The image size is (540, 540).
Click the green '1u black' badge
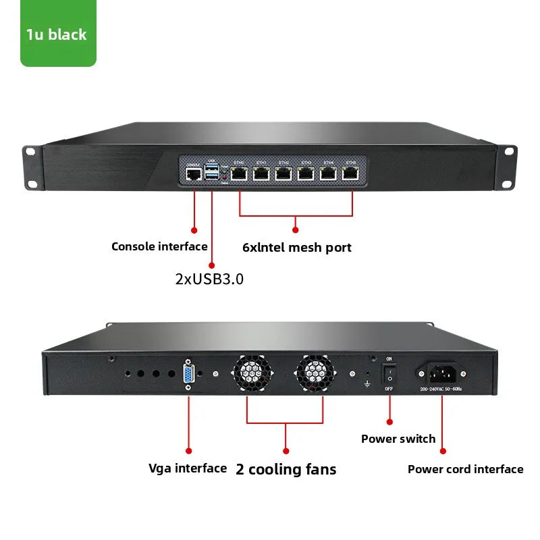click(x=57, y=34)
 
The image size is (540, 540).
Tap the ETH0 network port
click(x=240, y=174)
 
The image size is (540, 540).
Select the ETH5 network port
click(x=351, y=174)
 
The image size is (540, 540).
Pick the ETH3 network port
click(x=306, y=174)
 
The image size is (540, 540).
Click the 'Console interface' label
click(x=159, y=246)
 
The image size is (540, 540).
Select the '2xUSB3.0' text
click(x=209, y=278)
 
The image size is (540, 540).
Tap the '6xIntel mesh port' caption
click(x=296, y=247)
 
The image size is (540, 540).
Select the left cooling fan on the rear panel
click(x=252, y=373)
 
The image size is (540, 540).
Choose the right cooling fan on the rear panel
click(x=316, y=373)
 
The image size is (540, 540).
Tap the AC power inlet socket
click(x=442, y=373)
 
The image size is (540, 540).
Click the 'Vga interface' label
click(x=188, y=468)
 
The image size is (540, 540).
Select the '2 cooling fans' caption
click(x=286, y=469)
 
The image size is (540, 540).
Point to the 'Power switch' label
click(x=398, y=439)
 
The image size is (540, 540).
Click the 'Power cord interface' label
click(x=465, y=469)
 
